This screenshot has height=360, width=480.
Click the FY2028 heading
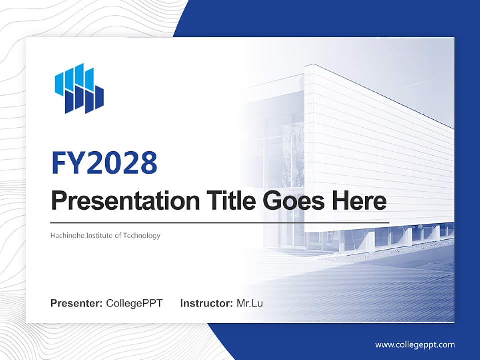104,163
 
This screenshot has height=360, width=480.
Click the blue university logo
79,88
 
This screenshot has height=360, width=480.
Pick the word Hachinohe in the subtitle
67,235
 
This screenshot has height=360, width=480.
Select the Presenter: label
77,303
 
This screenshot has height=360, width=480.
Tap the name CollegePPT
134,303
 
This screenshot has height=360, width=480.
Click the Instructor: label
206,303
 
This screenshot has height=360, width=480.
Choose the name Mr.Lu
250,303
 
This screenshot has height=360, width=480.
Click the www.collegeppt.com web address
415,345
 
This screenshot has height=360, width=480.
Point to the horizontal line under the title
220,222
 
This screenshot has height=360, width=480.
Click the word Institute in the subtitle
99,235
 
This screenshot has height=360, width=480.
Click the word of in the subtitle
118,235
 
